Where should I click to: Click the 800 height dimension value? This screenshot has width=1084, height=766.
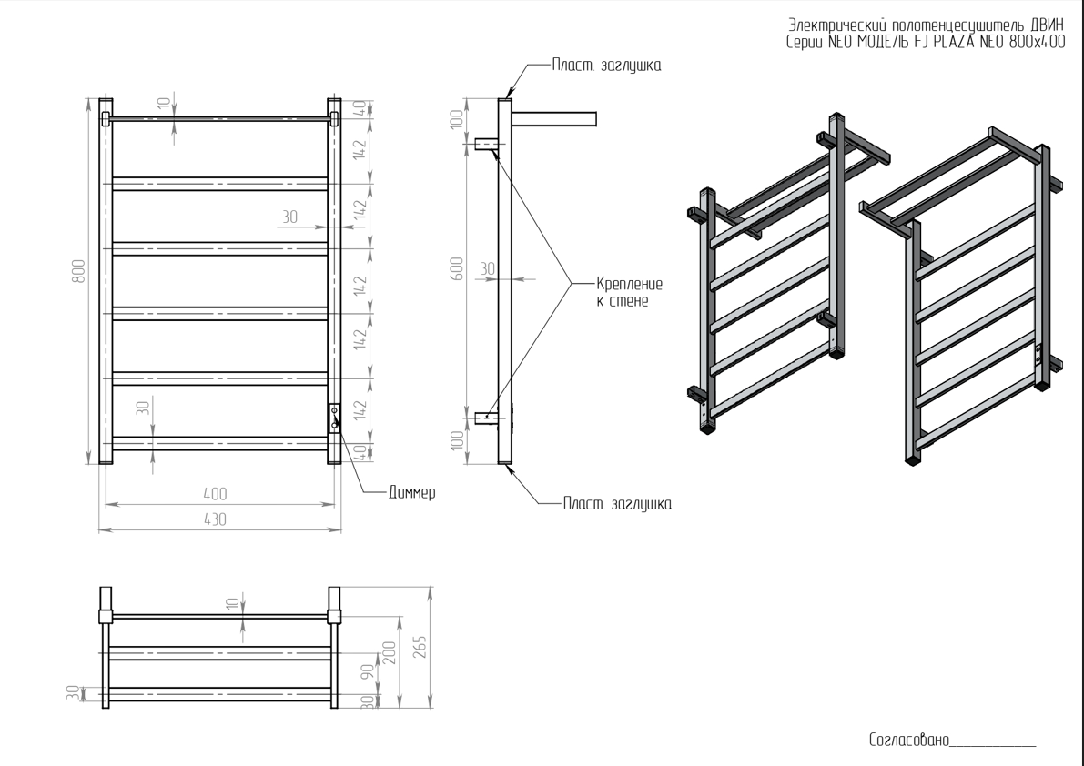[x=79, y=271]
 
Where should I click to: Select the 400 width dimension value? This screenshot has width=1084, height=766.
[x=215, y=493]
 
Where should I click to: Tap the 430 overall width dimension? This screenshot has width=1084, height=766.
[x=215, y=519]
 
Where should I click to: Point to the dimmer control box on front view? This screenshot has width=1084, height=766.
[x=334, y=418]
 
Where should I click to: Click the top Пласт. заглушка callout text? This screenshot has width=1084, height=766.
[x=606, y=66]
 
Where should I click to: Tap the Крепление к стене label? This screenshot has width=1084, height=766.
[x=629, y=291]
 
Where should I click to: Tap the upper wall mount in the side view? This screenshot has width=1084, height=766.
[x=486, y=144]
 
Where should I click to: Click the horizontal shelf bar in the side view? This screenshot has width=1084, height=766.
[x=554, y=118]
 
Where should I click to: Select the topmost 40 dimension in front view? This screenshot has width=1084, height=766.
[x=360, y=106]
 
